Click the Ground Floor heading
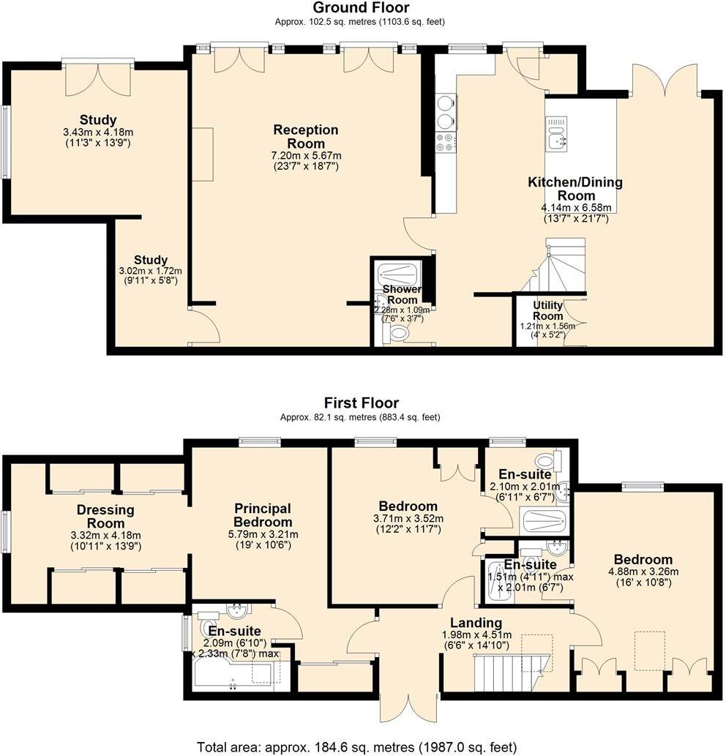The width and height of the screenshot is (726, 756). (x=361, y=8)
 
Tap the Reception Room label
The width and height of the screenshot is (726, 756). (x=306, y=136)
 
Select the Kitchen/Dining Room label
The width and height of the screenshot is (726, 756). (x=575, y=189)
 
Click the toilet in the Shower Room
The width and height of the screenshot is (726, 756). (x=396, y=333)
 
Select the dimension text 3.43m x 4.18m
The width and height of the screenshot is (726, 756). (x=98, y=132)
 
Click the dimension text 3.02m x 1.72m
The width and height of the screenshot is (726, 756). (x=151, y=272)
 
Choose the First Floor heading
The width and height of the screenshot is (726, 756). (x=361, y=403)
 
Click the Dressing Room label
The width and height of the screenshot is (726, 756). (x=105, y=517)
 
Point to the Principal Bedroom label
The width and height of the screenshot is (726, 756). (x=263, y=515)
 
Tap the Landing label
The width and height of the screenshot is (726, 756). (x=476, y=623)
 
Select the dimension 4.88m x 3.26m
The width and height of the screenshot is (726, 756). (x=643, y=572)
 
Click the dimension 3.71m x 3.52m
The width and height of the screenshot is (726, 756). (x=408, y=519)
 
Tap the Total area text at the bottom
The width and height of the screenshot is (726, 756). (x=356, y=747)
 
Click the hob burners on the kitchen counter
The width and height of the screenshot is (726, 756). (x=446, y=143)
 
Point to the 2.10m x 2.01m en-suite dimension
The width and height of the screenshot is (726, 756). (x=525, y=487)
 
